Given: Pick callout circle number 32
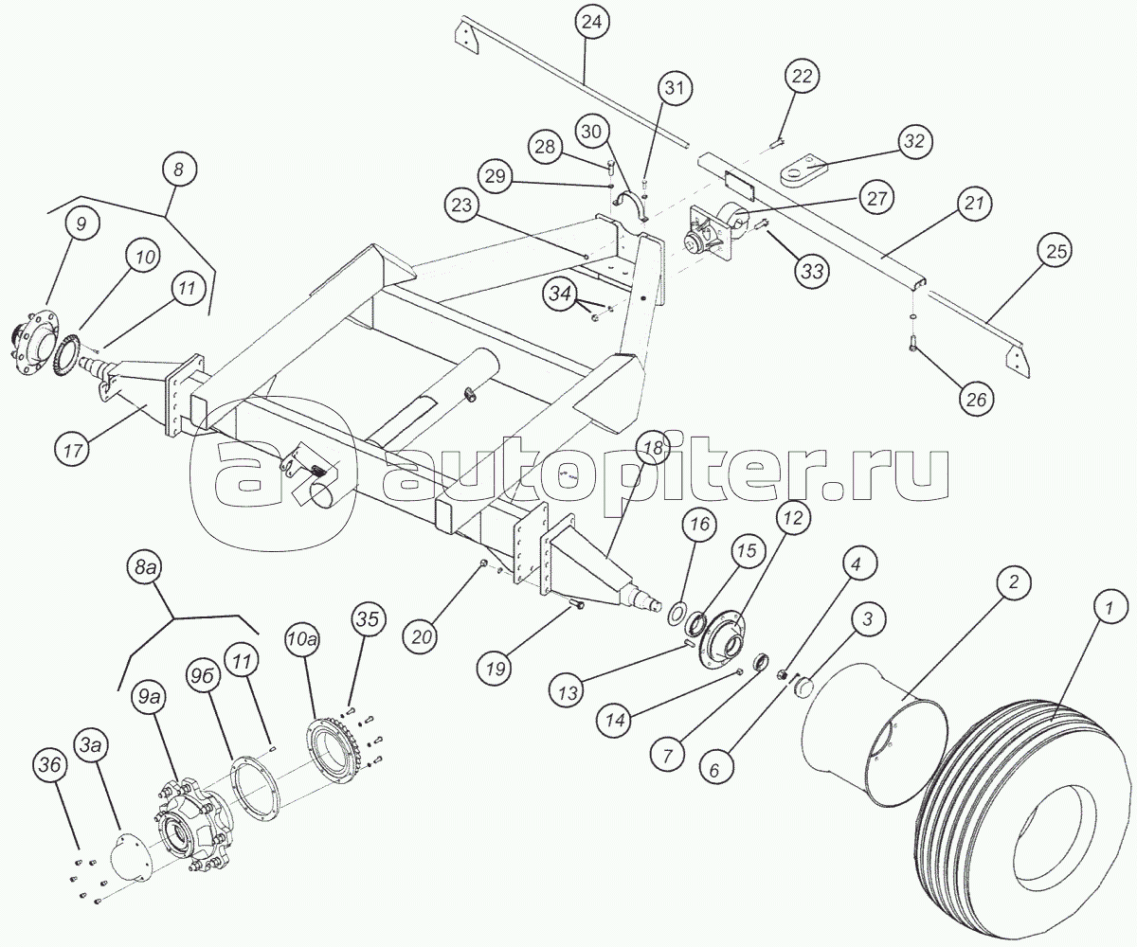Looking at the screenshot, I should [x=912, y=141].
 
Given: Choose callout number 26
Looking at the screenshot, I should [x=975, y=400].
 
